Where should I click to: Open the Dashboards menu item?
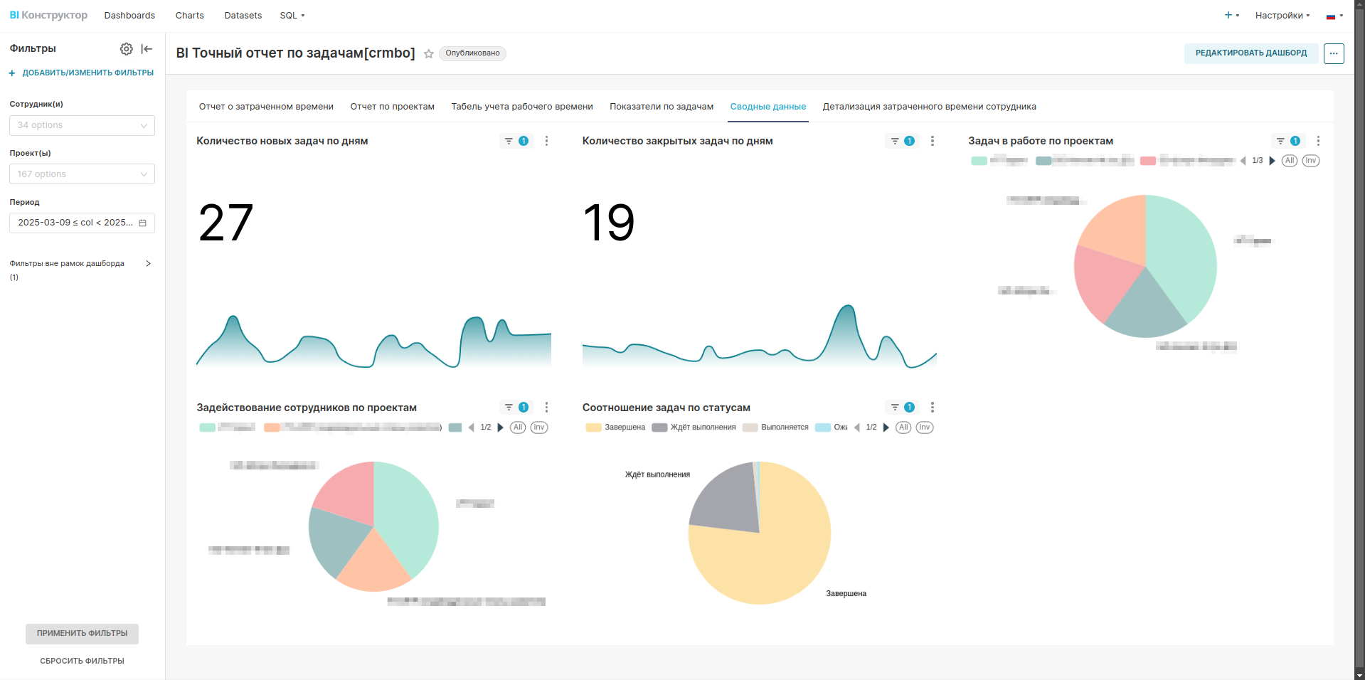point(129,16)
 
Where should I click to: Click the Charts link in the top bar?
point(189,16)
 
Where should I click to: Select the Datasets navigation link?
point(243,16)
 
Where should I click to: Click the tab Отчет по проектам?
point(392,107)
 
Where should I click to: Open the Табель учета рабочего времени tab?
point(521,107)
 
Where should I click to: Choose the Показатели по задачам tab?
point(661,107)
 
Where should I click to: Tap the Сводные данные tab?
point(768,107)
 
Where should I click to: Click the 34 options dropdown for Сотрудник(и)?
point(82,125)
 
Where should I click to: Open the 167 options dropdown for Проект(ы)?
point(82,174)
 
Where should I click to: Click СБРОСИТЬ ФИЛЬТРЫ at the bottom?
point(82,661)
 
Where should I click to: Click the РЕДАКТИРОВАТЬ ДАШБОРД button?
point(1250,53)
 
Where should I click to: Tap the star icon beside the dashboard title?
point(429,54)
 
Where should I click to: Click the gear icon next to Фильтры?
point(126,49)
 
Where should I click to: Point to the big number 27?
point(225,223)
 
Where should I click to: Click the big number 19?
point(609,223)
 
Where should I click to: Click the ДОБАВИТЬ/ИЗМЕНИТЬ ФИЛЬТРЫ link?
point(87,73)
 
